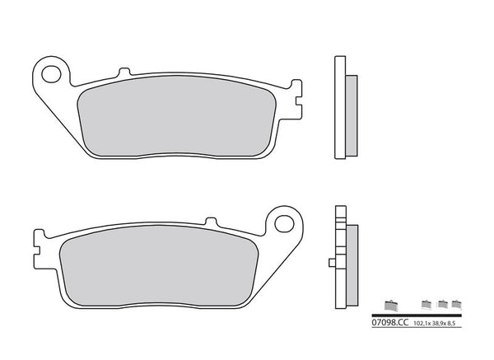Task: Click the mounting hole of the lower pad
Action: pyautogui.click(x=285, y=222)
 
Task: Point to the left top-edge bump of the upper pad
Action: pyautogui.click(x=123, y=73)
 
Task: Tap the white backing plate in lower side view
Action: pyautogui.click(x=339, y=255)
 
